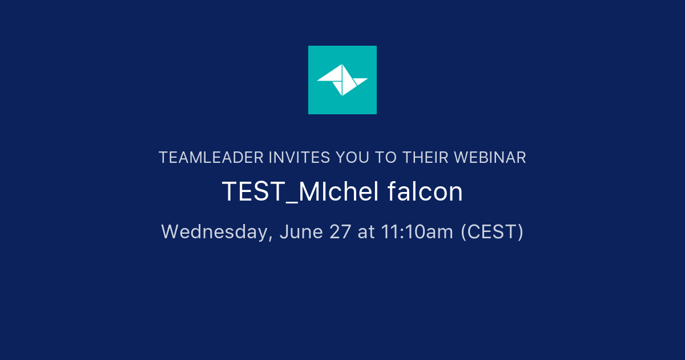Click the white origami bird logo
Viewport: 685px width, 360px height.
342,80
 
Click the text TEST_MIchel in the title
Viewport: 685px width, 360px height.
300,193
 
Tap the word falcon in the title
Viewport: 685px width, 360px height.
425,193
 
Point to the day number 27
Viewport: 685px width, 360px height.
340,232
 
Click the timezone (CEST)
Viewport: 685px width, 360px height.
492,232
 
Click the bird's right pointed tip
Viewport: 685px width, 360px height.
367,79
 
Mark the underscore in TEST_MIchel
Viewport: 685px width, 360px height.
291,201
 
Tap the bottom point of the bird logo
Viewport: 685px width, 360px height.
342,95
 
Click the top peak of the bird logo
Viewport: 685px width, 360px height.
342,65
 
